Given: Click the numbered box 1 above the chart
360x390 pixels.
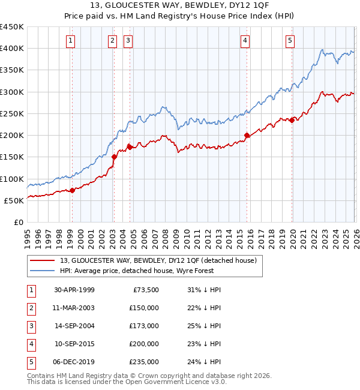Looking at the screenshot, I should [x=71, y=41].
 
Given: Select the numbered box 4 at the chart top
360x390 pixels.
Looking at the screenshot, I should [x=245, y=41].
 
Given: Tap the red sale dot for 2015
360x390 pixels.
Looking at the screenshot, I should [x=247, y=135].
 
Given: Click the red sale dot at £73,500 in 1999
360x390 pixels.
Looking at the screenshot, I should [x=73, y=190].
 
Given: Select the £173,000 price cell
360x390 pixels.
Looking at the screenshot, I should [x=144, y=326].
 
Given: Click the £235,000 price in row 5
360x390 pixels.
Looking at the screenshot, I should [x=144, y=362].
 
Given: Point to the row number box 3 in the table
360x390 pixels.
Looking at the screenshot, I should [x=31, y=326].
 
